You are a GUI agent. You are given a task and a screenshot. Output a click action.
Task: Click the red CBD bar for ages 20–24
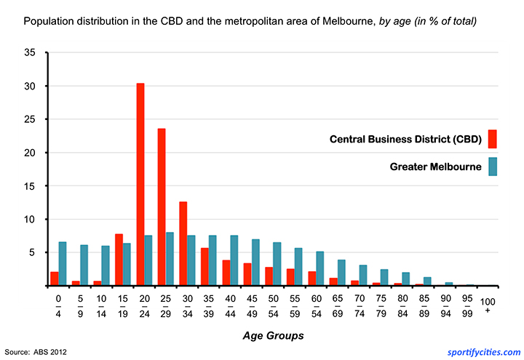(x=140, y=185)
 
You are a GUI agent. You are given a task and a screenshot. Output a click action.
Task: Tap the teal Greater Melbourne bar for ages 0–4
(x=63, y=264)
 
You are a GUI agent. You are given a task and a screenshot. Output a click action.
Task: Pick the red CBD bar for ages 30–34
(x=183, y=244)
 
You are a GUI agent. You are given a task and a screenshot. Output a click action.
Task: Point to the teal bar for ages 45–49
(x=255, y=263)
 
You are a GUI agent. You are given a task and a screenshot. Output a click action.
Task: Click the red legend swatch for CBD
(x=493, y=138)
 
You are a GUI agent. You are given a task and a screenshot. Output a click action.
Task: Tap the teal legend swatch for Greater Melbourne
(x=493, y=166)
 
